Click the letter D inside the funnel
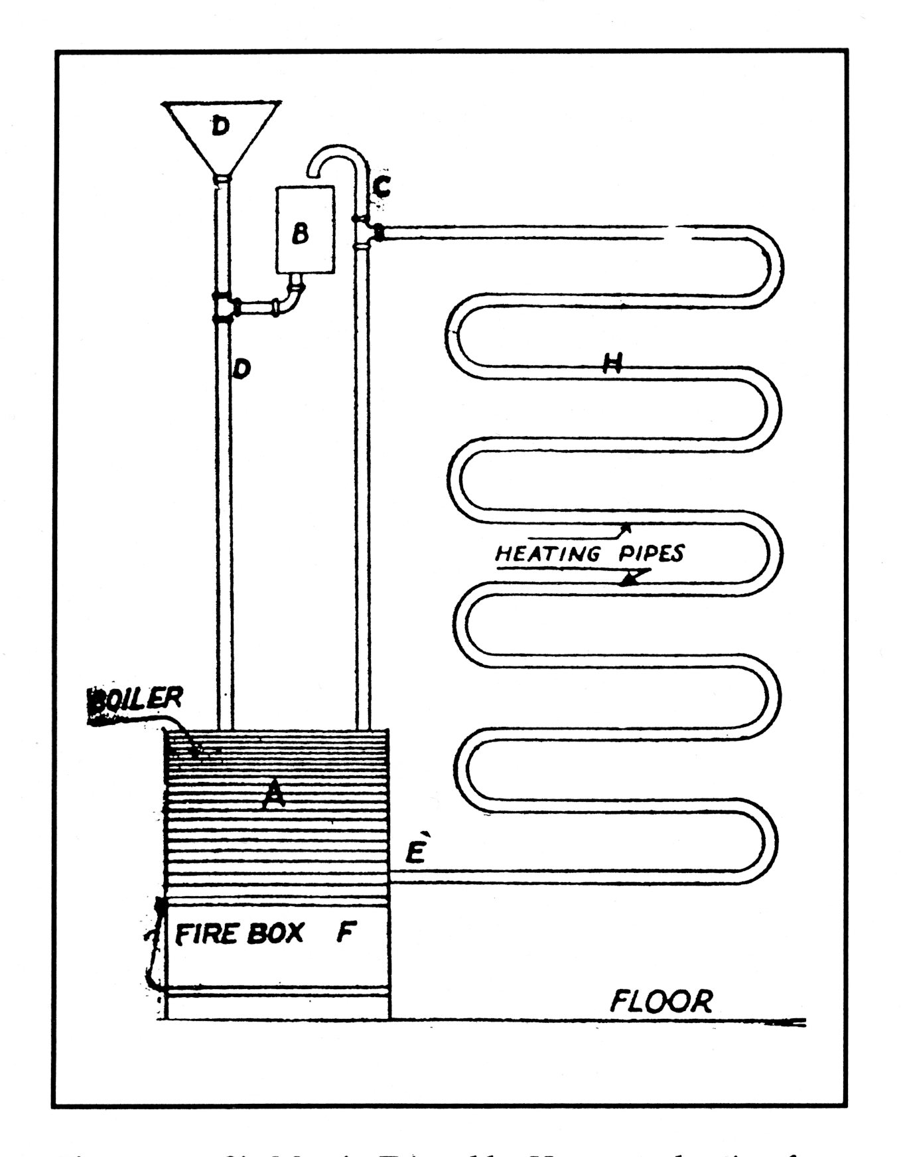point(221,125)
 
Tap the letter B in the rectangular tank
point(301,233)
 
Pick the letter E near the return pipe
point(415,850)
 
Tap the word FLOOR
point(661,1000)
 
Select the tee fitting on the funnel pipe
point(224,308)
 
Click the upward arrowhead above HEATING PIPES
point(625,528)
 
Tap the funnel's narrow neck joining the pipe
point(224,178)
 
